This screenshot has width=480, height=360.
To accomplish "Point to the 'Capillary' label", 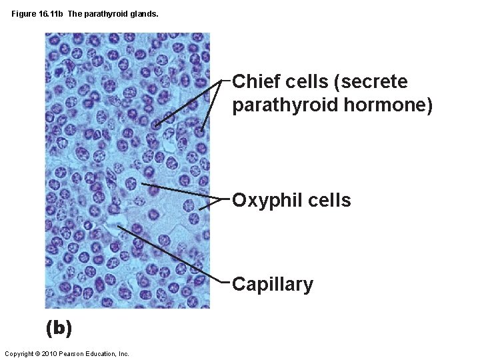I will [x=273, y=285].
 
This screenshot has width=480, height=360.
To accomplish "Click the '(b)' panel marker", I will [x=59, y=328].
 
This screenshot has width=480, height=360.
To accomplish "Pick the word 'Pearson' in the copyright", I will [x=71, y=353].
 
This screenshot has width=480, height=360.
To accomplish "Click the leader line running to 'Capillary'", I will [x=173, y=254].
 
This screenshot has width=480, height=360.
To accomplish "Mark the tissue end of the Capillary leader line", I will [x=119, y=225].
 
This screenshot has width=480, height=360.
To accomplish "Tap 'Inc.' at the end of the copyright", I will [x=123, y=353].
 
